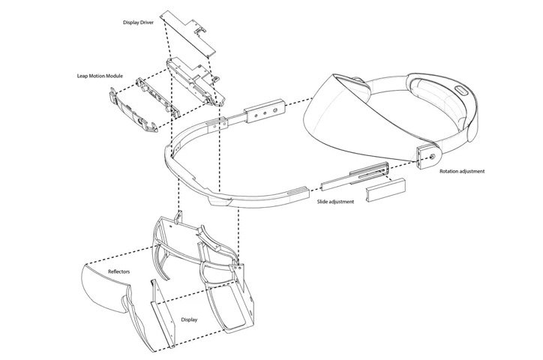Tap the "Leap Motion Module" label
102,76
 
